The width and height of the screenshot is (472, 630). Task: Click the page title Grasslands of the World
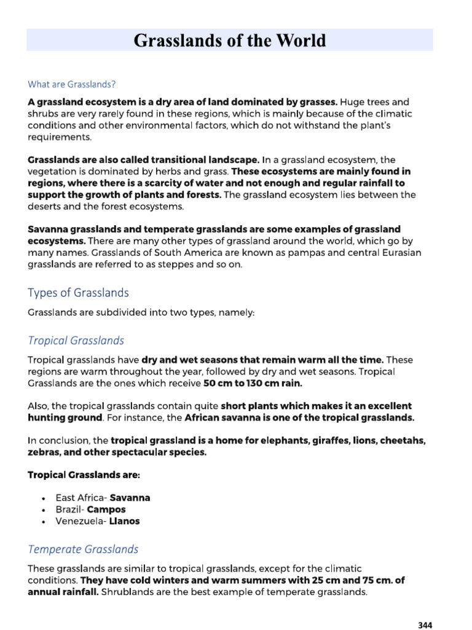coord(230,41)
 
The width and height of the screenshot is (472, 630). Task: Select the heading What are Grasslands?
coord(70,84)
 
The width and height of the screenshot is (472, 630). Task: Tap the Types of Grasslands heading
coord(79,292)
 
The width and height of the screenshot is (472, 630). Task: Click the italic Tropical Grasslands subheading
coord(76,340)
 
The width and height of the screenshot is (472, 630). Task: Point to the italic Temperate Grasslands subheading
coord(83,549)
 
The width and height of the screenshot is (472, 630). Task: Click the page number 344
coord(425,625)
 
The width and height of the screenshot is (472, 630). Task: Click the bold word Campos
coord(106,509)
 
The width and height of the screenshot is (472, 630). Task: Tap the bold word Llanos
coord(124,521)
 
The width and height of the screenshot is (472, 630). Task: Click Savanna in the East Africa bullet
coord(130,498)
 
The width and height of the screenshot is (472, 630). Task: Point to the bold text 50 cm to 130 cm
coord(243,383)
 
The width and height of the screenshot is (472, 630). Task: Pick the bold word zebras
coord(44,452)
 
